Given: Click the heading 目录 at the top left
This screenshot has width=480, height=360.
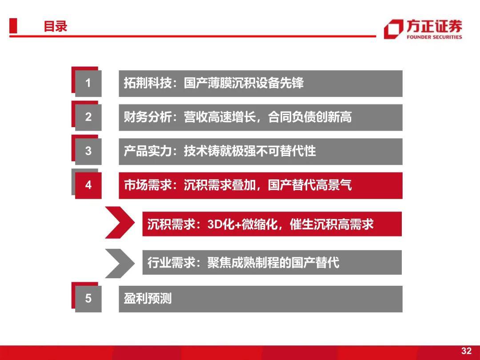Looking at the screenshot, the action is click(56, 26).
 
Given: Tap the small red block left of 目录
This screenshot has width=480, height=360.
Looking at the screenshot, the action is click(13, 26).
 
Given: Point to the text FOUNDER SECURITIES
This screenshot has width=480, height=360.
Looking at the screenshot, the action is click(434, 37).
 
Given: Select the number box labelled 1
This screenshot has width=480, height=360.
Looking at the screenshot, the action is click(88, 84).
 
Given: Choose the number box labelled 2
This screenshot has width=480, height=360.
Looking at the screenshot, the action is click(88, 117).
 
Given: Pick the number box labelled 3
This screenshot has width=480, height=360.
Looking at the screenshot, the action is click(88, 152).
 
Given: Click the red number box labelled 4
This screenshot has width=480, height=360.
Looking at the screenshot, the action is click(88, 185).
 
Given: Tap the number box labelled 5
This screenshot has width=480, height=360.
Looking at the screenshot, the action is click(88, 299).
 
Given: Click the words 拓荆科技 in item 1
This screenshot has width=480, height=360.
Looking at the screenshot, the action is click(148, 83).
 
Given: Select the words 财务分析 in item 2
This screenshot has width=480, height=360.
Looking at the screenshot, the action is click(148, 117).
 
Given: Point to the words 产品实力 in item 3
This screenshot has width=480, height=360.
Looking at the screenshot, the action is click(148, 151).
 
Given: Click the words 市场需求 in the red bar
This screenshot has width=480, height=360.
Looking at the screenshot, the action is click(148, 185).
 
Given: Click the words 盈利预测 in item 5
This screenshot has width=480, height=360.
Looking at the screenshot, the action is click(148, 299).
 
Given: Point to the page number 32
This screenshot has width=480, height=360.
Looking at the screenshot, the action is click(466, 351).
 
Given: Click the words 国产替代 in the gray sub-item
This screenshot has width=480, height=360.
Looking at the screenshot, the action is click(315, 263).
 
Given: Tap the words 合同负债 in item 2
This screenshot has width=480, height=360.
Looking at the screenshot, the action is click(292, 117).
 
